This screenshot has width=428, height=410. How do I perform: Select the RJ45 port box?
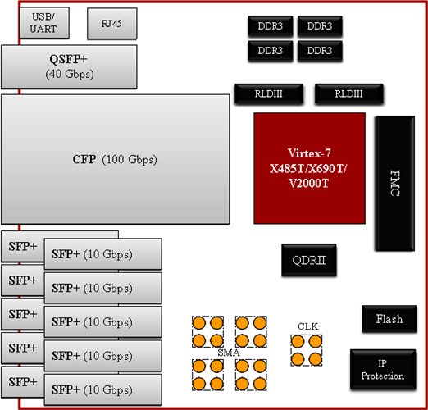pos(107,24)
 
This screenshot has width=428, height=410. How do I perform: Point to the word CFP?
pos(85,159)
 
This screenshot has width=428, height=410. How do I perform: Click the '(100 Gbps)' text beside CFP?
pos(130,159)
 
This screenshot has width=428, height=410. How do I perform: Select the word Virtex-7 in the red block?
pos(311,153)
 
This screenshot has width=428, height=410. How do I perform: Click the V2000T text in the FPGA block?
pos(311,183)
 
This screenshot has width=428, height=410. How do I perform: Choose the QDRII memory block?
pos(309,262)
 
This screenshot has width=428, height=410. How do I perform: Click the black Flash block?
pos(389,319)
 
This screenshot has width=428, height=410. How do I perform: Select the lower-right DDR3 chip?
pos(320,50)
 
